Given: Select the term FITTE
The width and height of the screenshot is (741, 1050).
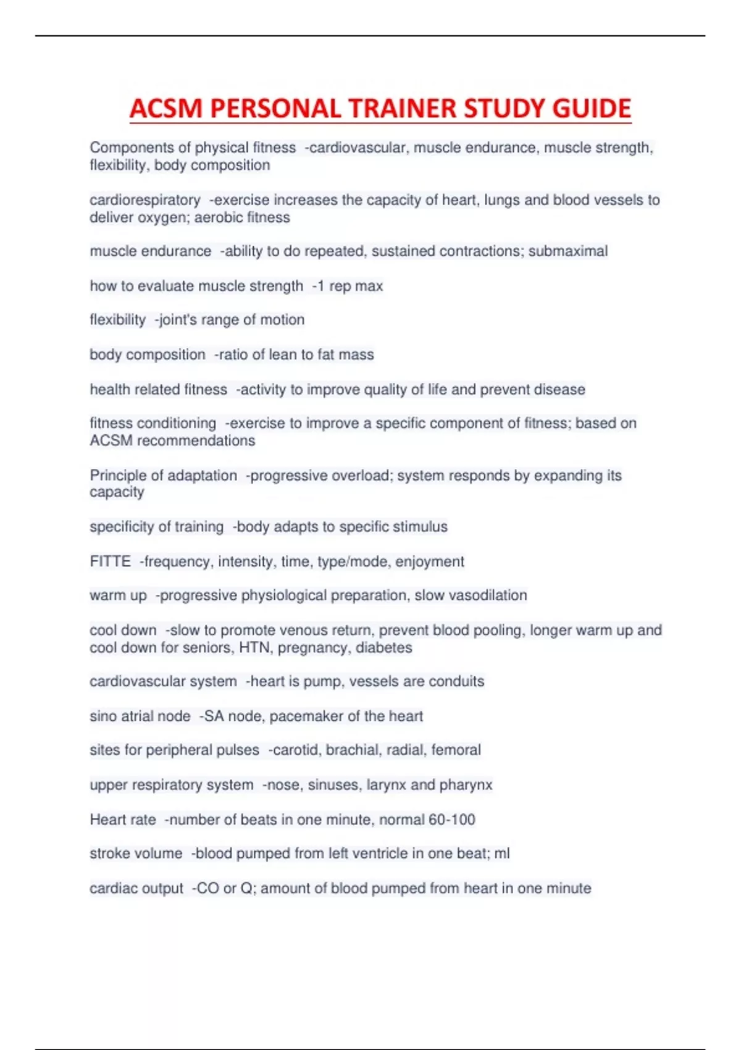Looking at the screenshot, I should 110,561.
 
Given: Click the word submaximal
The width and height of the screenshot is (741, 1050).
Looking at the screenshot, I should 568,251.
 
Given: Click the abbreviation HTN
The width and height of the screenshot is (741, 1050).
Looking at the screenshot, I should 256,648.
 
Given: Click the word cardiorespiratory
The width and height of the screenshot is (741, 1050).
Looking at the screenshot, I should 145,201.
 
